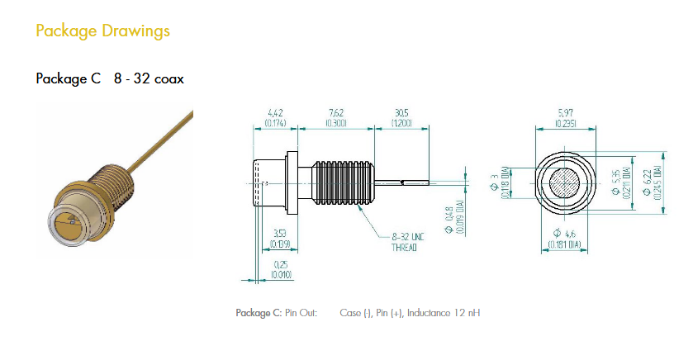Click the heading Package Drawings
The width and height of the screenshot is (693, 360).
point(102,31)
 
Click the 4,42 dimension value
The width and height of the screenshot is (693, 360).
point(276,113)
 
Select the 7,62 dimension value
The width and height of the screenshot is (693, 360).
point(336,113)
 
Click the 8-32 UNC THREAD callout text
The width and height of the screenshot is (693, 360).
point(406,241)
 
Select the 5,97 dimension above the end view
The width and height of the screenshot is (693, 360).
point(566,113)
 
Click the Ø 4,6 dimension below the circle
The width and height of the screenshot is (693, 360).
point(563,236)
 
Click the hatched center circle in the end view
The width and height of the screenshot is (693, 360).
point(566,183)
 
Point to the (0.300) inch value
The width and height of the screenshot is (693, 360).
point(336,123)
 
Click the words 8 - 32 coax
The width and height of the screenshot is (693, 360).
point(149,79)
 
